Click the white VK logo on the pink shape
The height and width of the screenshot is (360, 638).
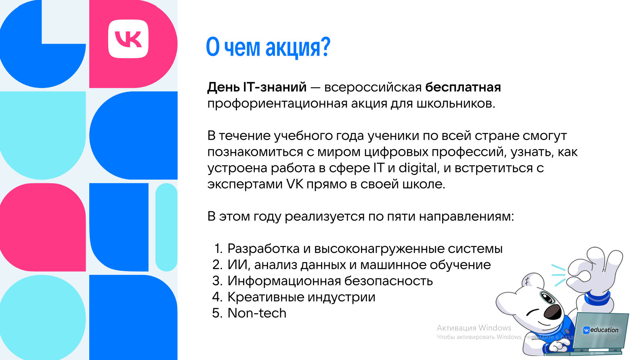tap(128, 39)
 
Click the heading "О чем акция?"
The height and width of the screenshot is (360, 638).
tap(268, 47)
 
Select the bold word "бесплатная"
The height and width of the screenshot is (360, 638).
tap(463, 87)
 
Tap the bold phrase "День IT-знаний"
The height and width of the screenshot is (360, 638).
tap(257, 87)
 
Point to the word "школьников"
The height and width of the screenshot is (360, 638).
tap(456, 103)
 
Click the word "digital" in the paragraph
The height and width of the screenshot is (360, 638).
tap(418, 167)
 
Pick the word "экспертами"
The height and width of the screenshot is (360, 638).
tap(245, 184)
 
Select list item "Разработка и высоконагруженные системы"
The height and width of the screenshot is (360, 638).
tap(365, 249)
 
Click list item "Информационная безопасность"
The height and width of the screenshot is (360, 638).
tap(330, 281)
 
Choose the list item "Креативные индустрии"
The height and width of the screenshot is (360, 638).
tap(301, 297)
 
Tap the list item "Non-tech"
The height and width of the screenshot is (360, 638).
tap(257, 313)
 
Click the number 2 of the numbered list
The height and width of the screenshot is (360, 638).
tap(217, 265)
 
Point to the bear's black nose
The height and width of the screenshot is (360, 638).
tap(552, 312)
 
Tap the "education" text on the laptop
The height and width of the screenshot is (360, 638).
tap(604, 330)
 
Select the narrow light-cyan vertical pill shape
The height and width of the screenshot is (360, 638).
tap(166, 227)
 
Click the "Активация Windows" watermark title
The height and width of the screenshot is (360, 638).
tap(474, 328)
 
